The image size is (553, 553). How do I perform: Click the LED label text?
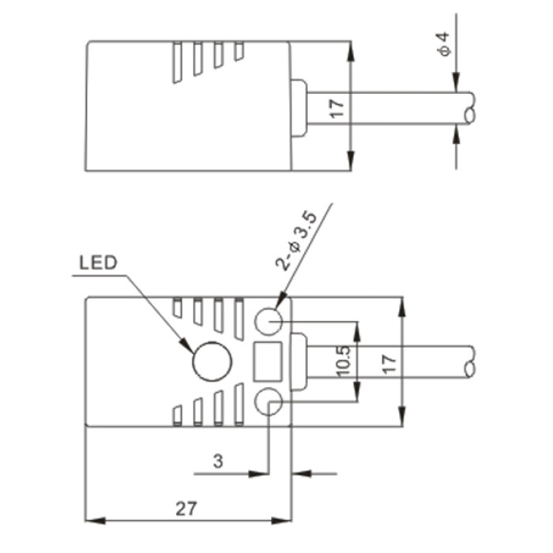click(x=98, y=263)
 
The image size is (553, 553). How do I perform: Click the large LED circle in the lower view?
click(x=212, y=361)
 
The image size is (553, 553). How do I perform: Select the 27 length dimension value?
click(x=186, y=509)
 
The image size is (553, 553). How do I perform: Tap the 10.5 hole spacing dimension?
click(x=343, y=361)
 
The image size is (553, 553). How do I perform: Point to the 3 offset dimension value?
click(x=218, y=461)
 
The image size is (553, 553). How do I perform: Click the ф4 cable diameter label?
click(x=444, y=43)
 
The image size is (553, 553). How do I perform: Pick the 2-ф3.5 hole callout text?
click(x=296, y=242)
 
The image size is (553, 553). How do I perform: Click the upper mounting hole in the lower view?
click(x=269, y=322)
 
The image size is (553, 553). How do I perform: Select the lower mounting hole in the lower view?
click(x=269, y=401)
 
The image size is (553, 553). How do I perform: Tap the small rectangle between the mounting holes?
click(x=268, y=362)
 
